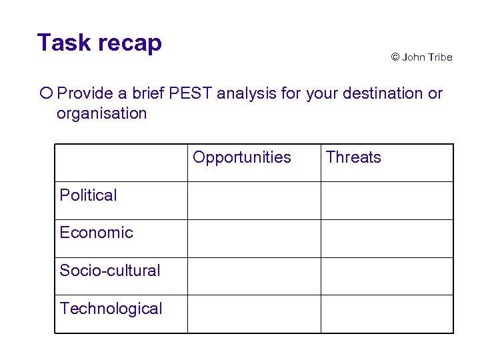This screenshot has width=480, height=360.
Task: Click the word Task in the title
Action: pyautogui.click(x=64, y=43)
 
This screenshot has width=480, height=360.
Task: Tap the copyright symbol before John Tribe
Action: pyautogui.click(x=395, y=57)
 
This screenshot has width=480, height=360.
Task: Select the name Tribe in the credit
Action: pyautogui.click(x=439, y=57)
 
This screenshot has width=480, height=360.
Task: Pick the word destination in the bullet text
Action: pyautogui.click(x=365, y=93)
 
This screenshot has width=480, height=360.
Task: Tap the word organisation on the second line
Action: pyautogui.click(x=101, y=113)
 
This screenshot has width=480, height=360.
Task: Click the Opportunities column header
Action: pyautogui.click(x=242, y=158)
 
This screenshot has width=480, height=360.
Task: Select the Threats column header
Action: pyautogui.click(x=353, y=158)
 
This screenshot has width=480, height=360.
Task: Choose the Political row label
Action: pyautogui.click(x=88, y=195)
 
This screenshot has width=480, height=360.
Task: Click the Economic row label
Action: pyautogui.click(x=96, y=233)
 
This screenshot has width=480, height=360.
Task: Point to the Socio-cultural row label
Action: pyautogui.click(x=110, y=271)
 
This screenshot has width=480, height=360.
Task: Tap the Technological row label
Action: pyautogui.click(x=111, y=309)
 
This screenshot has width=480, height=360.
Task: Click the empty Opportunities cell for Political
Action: pyautogui.click(x=254, y=201)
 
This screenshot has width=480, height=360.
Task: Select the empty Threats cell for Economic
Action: pyautogui.click(x=387, y=239)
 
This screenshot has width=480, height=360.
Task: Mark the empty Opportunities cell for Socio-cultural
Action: pyautogui.click(x=254, y=276)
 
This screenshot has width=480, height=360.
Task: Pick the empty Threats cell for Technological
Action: pyautogui.click(x=387, y=314)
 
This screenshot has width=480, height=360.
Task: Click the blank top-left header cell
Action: pyautogui.click(x=121, y=163)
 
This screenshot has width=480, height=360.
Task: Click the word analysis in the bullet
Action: pyautogui.click(x=247, y=93)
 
